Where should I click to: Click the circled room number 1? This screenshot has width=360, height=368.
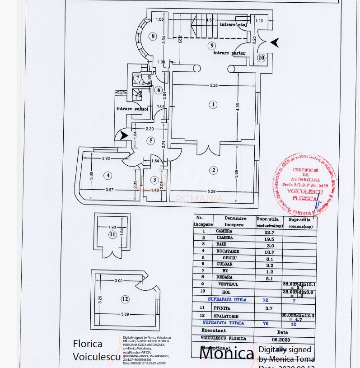[213, 104]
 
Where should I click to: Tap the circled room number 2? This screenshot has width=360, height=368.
[213, 170]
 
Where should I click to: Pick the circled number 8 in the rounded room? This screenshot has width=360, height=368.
[154, 36]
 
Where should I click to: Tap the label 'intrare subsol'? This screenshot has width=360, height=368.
[132, 109]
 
